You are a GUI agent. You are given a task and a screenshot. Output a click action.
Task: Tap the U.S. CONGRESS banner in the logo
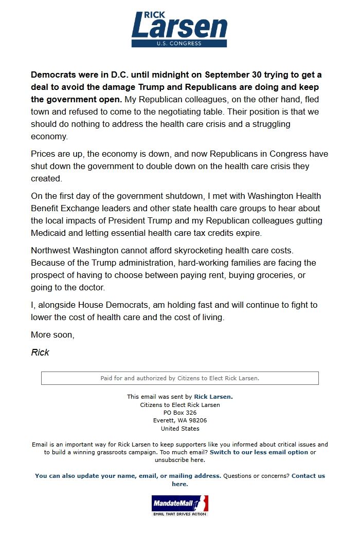(x=179, y=44)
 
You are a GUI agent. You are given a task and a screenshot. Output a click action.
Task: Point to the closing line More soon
(x=52, y=335)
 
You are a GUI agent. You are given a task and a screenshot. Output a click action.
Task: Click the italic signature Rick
(x=40, y=352)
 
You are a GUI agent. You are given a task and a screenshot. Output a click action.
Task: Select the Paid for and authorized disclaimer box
(x=179, y=378)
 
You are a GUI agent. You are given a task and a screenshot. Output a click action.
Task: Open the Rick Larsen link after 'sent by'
(x=213, y=397)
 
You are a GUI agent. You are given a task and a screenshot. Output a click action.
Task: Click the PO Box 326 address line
(x=179, y=413)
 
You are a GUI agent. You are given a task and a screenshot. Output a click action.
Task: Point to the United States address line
(x=179, y=429)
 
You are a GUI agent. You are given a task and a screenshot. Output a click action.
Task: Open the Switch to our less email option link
(x=259, y=452)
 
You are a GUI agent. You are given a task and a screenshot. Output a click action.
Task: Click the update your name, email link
(x=128, y=476)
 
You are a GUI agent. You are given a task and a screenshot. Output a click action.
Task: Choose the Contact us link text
(x=308, y=476)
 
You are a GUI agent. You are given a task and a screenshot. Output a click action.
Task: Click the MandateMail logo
(x=179, y=505)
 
